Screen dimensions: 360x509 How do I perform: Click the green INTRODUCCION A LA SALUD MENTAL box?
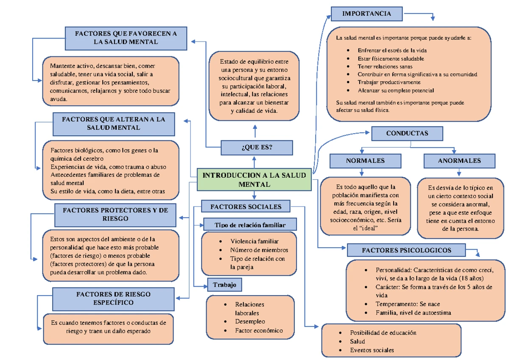(x=255, y=180)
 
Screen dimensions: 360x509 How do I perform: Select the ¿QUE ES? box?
(x=257, y=148)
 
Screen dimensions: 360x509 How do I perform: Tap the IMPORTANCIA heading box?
(x=366, y=14)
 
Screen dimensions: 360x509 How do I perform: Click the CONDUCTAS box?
(x=407, y=134)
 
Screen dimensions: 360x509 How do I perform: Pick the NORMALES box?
(x=365, y=161)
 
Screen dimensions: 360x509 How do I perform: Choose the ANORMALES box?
(x=459, y=161)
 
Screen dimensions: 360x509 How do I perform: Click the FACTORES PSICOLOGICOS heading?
(x=406, y=250)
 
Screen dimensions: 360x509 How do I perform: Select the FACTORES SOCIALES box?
(x=246, y=207)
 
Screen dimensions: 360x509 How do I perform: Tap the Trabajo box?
(x=225, y=285)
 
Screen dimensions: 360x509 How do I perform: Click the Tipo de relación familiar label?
(x=250, y=225)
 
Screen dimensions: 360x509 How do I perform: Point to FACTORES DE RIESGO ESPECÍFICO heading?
(x=113, y=298)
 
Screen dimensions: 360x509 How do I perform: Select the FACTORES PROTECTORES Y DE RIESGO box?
(x=115, y=214)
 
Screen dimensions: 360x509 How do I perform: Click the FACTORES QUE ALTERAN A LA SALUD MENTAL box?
(x=113, y=123)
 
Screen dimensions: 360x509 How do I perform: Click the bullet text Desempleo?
(x=250, y=321)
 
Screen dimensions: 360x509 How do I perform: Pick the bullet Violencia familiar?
(x=254, y=241)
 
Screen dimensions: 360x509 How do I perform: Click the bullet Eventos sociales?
(x=372, y=350)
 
